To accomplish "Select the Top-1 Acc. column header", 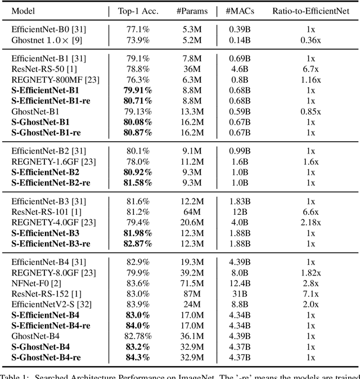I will (x=138, y=11).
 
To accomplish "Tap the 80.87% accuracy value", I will (x=138, y=133).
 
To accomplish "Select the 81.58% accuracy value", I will (x=138, y=183).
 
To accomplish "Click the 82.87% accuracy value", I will (x=138, y=243).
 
